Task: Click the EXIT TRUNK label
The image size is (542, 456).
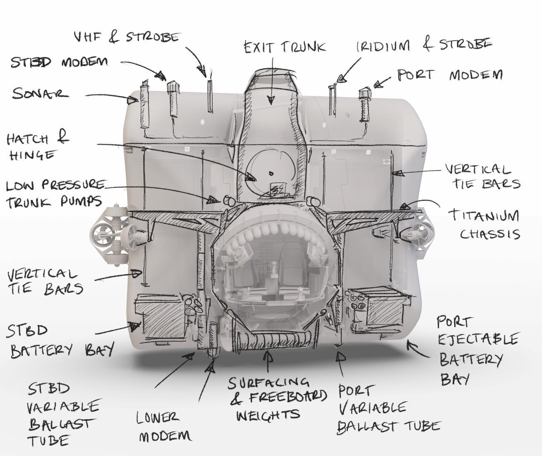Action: coord(284,47)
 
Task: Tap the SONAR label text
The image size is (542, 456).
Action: coord(40,94)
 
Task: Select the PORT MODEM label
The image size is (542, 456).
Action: coord(450,75)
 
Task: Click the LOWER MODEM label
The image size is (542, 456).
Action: coord(164,427)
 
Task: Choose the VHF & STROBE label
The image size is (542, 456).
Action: coord(126,37)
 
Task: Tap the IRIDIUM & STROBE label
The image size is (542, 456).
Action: coord(424,45)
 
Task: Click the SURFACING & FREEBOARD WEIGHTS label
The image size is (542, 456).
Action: coord(276,399)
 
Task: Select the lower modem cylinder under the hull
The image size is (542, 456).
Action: coord(214,340)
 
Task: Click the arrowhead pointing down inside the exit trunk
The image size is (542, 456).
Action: coord(271,99)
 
